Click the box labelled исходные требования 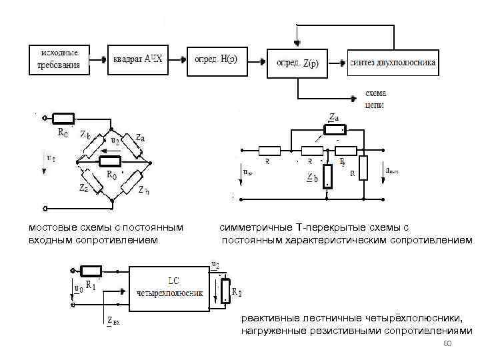[x=60, y=59]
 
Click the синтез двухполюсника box [x=392, y=62]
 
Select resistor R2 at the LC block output [x=227, y=287]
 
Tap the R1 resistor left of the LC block [x=91, y=271]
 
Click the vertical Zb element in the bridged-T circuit [x=327, y=176]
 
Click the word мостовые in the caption [x=50, y=228]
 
